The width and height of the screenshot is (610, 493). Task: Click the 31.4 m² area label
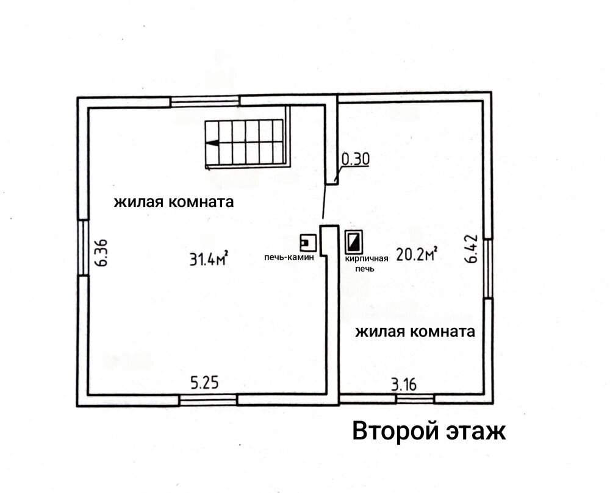[x=209, y=258]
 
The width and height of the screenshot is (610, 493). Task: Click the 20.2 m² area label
[x=417, y=254]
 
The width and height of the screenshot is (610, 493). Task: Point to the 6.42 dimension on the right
[x=472, y=249]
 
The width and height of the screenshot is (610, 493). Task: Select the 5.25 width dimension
[x=204, y=383]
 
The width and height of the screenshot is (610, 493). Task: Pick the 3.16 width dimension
[x=404, y=384]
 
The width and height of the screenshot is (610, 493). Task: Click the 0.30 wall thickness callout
[x=355, y=159]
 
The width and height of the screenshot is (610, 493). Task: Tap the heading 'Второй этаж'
[x=429, y=431]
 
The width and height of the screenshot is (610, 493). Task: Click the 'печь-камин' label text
[x=289, y=257]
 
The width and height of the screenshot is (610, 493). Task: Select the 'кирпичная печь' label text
[x=367, y=263]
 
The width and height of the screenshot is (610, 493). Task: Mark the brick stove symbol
[x=354, y=242]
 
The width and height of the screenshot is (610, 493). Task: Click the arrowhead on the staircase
[x=212, y=143]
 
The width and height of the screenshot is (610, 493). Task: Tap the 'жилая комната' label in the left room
[x=173, y=202]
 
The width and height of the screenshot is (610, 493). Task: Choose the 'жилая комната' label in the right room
[x=415, y=332]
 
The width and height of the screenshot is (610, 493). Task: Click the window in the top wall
[x=205, y=101]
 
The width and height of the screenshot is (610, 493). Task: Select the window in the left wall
[x=83, y=248]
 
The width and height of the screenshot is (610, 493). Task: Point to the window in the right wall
[x=488, y=269]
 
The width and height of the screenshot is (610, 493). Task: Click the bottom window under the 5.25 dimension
[x=209, y=400]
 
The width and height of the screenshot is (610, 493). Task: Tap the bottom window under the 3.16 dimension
[x=415, y=399]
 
